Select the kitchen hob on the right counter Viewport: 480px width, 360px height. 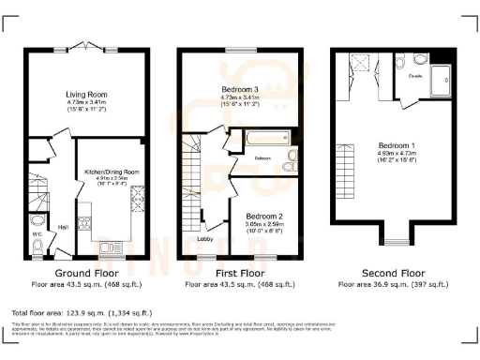[142, 198]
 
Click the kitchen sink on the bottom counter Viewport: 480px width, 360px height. [87, 223]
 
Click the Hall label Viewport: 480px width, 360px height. [64, 226]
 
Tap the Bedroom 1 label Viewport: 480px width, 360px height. [397, 146]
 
